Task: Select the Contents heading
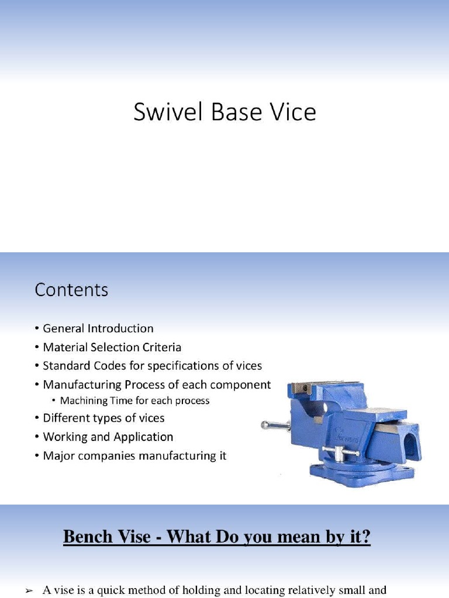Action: click(71, 290)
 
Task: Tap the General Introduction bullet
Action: click(98, 328)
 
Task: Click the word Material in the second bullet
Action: click(64, 347)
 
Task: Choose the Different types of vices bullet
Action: click(103, 418)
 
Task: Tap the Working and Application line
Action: click(108, 437)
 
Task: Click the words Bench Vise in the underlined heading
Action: click(106, 537)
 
